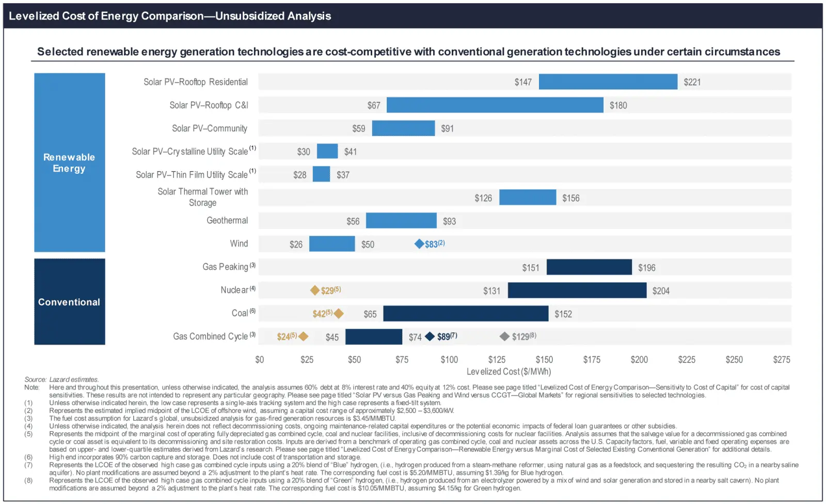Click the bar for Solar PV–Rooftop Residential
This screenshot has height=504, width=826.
point(608,82)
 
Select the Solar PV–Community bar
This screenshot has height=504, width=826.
point(403,128)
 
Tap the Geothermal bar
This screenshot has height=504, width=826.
point(401,221)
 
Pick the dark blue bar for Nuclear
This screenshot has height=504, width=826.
point(577,291)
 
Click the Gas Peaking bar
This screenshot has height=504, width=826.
point(589,267)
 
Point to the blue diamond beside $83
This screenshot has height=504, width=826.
point(419,243)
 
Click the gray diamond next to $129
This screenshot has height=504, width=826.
point(504,337)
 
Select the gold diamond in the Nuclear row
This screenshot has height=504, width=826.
point(314,291)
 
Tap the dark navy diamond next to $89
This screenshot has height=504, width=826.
point(430,337)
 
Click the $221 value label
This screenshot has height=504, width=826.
point(692,82)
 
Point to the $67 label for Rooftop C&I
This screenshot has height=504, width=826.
point(374,105)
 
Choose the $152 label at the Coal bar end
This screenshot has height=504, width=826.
point(563,314)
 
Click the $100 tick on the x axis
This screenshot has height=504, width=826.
point(449,360)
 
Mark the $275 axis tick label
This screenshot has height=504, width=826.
point(781,360)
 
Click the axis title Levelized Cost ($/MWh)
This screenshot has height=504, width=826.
point(509,372)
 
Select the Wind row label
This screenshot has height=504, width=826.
point(239,243)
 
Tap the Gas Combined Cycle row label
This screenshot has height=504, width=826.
point(211,337)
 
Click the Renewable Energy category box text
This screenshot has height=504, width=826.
point(69,163)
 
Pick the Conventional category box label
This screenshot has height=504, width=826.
point(69,302)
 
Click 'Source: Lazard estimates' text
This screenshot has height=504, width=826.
point(61,379)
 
